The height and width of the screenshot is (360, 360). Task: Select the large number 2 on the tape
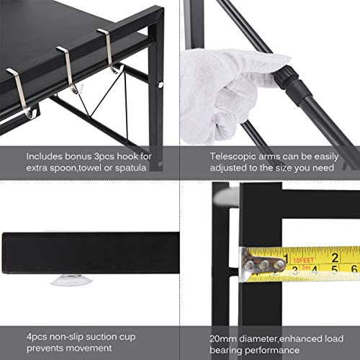[x=336, y=256]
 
